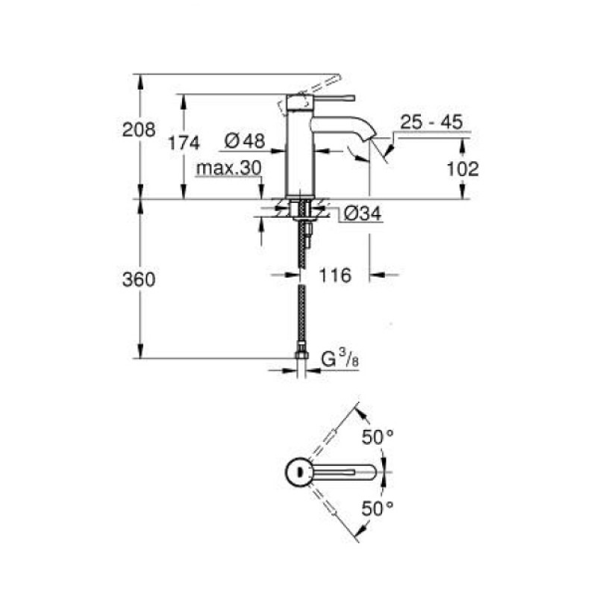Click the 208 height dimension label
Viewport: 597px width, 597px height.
coord(139,130)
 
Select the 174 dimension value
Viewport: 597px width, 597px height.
coord(184,143)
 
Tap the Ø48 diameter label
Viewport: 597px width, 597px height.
coord(245,141)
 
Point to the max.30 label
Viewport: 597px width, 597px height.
coord(229,168)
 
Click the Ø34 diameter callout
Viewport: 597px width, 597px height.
coord(362,214)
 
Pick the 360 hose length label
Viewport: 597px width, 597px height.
coord(139,280)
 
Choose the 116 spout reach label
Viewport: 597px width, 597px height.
coord(334,275)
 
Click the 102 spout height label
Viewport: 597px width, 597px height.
coord(462,169)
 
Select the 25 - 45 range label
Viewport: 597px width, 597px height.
coord(431,122)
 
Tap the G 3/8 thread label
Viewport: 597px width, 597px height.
coord(340,360)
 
